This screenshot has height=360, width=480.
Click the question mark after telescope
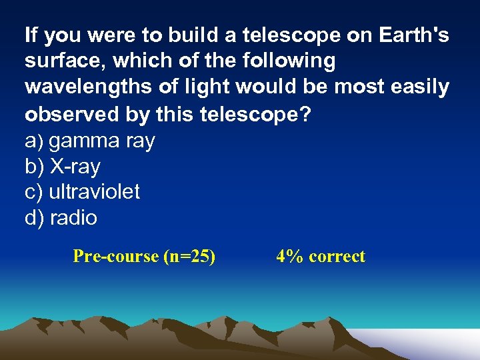[305, 114]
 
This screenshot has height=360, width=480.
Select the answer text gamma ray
[102, 141]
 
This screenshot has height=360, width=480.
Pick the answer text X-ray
[75, 167]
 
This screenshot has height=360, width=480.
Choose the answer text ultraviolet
[94, 192]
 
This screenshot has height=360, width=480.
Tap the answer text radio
[73, 218]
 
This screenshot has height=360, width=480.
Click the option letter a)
[34, 141]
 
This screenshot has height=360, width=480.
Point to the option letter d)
[34, 218]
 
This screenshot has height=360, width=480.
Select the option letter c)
[34, 192]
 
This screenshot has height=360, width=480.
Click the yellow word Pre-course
[115, 257]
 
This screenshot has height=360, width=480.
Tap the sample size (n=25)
[189, 257]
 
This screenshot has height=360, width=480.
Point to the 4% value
[289, 257]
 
